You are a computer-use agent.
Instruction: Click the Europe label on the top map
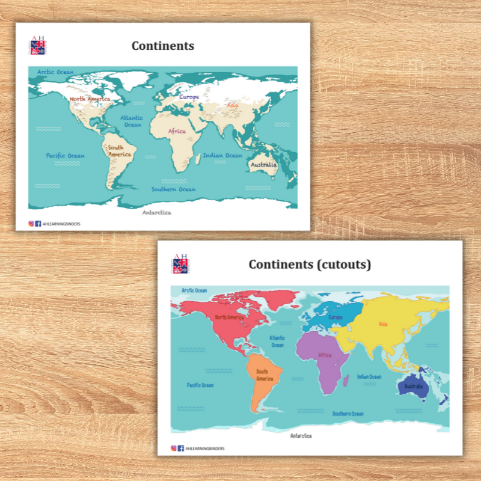(x=189, y=97)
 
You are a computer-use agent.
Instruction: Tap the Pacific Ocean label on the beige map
(x=66, y=156)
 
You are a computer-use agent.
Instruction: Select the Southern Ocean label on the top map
(x=173, y=189)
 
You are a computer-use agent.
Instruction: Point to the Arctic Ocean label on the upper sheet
(x=55, y=72)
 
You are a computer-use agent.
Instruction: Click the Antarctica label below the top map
(x=156, y=212)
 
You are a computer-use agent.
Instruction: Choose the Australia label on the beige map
(x=263, y=164)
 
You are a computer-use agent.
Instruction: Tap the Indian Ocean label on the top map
(x=222, y=155)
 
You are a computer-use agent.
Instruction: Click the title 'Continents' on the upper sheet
(x=163, y=46)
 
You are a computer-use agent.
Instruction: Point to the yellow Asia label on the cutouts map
(x=383, y=324)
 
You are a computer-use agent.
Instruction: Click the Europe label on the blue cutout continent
(x=335, y=317)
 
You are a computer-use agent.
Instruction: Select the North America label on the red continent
(x=229, y=317)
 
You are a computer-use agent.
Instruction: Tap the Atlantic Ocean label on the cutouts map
(x=277, y=342)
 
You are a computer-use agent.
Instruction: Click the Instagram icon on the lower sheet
(x=174, y=448)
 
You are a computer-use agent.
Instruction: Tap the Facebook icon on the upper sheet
(x=38, y=224)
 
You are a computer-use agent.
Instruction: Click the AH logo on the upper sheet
(x=37, y=46)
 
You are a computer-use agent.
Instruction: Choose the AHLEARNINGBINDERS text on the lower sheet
(x=204, y=448)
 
